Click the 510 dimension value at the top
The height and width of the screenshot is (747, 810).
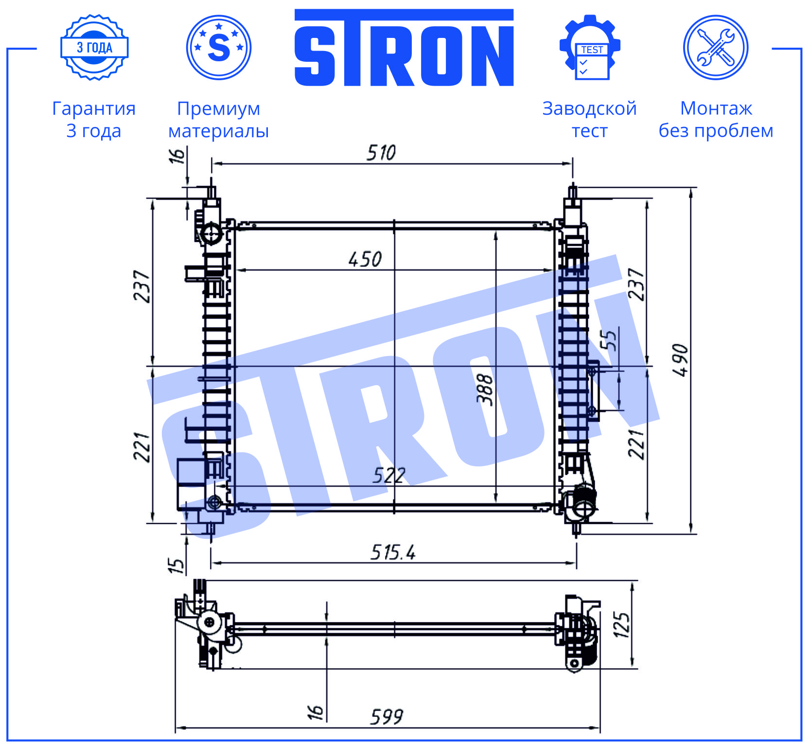click(381, 153)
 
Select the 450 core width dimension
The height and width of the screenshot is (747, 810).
click(365, 259)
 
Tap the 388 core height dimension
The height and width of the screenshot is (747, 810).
click(485, 389)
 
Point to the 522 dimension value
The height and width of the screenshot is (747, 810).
click(389, 475)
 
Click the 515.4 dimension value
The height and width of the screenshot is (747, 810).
click(393, 552)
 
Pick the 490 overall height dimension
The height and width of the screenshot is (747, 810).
click(681, 360)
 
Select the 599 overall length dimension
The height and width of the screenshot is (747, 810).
click(387, 717)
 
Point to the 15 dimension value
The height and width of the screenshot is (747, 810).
click(176, 565)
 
